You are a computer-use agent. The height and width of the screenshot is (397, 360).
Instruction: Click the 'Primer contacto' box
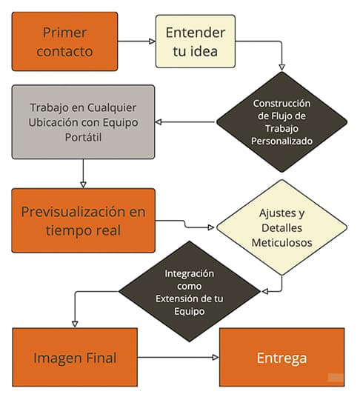64,41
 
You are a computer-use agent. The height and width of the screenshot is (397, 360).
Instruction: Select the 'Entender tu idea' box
196,41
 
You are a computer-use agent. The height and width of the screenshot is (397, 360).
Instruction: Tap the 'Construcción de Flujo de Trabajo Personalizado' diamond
281,122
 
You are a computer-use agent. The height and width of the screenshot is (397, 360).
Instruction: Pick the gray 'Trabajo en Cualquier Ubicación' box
83,122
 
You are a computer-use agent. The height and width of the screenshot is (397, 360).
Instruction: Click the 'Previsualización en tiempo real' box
83,221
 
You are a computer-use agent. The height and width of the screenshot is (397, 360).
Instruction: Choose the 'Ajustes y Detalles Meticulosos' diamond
281,227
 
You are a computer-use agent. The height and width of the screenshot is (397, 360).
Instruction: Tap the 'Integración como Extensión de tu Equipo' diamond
190,291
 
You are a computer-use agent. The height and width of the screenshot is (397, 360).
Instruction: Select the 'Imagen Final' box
75,357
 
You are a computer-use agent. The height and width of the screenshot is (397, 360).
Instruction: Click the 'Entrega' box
281,357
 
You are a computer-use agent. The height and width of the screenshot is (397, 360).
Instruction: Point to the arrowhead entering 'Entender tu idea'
152,41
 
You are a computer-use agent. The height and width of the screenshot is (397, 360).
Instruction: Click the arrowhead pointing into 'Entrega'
216,357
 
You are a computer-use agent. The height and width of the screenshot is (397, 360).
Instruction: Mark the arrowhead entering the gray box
159,122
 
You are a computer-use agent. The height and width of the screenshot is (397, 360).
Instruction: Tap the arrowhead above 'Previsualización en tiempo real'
83,185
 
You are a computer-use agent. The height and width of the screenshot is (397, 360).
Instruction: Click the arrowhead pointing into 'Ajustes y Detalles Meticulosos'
211,227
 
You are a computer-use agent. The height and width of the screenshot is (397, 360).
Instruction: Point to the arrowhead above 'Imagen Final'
75,324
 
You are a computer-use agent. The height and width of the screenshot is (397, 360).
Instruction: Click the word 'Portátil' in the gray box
83,138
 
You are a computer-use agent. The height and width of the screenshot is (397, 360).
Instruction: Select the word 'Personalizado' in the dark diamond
281,141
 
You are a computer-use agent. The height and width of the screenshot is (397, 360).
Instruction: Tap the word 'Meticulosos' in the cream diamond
281,242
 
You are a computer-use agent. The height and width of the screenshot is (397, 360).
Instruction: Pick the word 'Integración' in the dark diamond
190,274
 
